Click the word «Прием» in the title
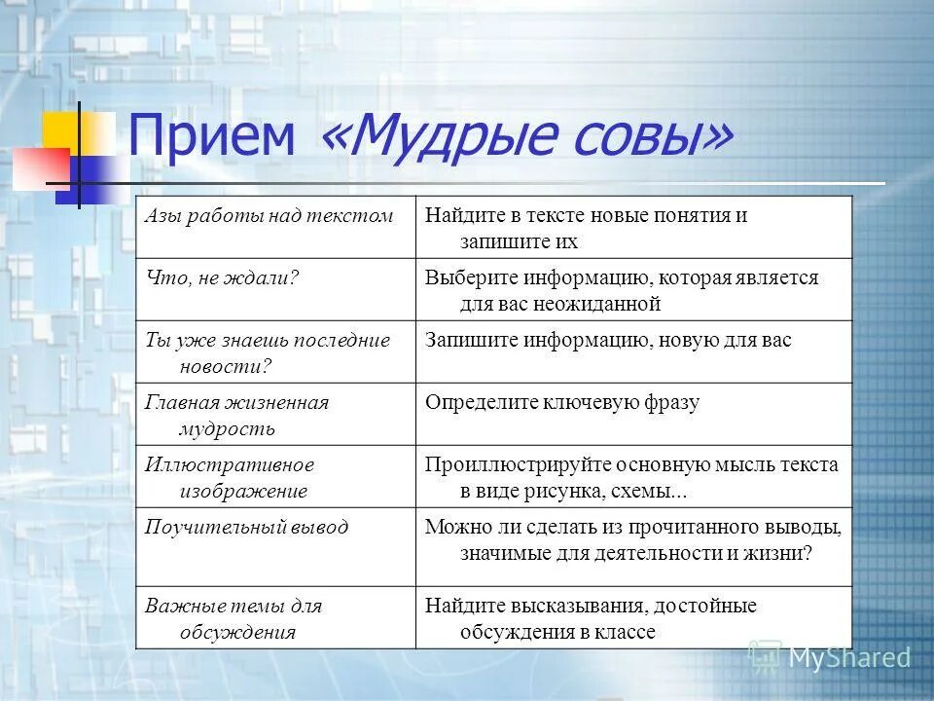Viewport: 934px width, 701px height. pos(211,136)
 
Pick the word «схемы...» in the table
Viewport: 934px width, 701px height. pos(651,491)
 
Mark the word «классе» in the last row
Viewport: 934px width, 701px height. pos(625,631)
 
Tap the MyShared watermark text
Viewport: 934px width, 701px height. pos(847,658)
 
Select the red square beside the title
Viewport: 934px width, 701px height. pos(40,167)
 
